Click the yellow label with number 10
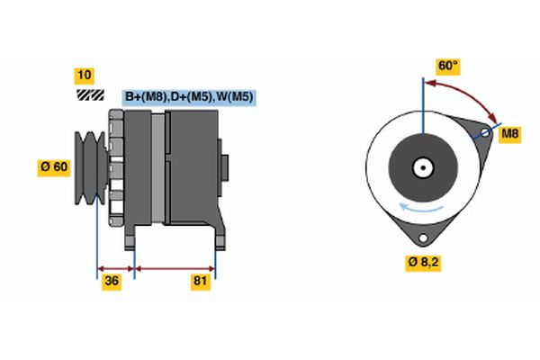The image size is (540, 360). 85,75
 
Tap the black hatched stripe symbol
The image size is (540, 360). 89,94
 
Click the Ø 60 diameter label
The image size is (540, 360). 53,166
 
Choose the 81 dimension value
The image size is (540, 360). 200,283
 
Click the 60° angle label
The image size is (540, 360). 447,66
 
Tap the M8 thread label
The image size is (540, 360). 510,134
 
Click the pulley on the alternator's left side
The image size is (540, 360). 89,166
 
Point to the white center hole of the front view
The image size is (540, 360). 421,166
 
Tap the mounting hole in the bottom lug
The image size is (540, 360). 421,235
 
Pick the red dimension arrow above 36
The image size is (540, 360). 115,267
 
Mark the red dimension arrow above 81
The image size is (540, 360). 175,267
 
